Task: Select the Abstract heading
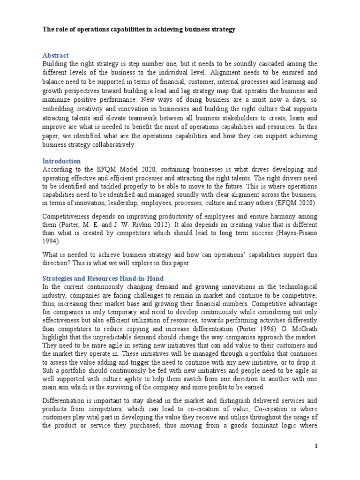[x=55, y=55]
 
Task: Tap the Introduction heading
[x=61, y=161]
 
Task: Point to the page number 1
[x=316, y=447]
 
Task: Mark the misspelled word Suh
[x=48, y=370]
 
